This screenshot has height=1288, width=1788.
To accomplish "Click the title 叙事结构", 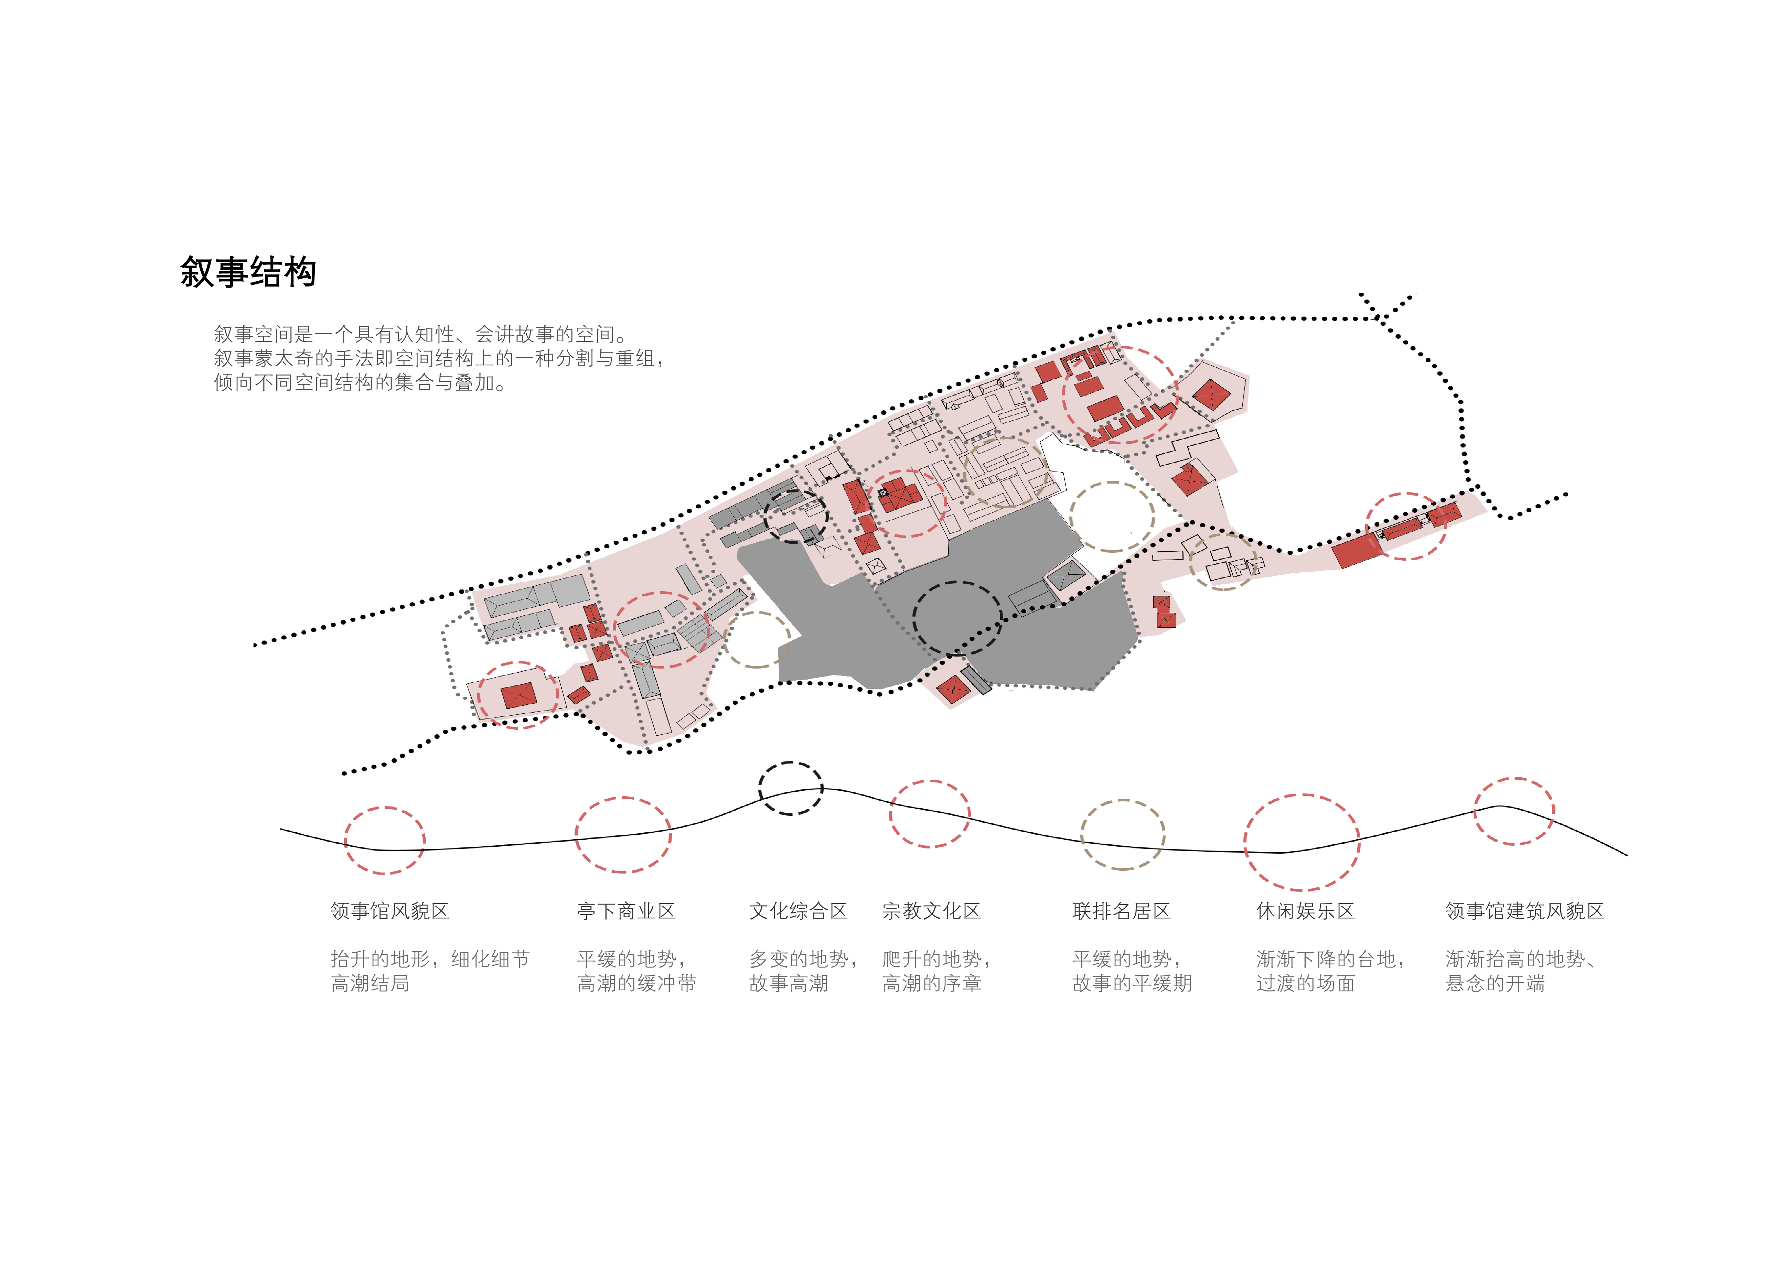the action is point(248,272).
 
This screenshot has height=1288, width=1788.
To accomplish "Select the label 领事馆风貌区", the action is point(389,911).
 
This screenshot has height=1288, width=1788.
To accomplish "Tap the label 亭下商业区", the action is point(626,911).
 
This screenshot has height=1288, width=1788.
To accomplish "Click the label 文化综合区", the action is point(798,911).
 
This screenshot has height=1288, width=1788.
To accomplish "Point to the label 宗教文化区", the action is point(931,911).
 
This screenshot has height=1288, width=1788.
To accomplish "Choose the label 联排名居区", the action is point(1121,911).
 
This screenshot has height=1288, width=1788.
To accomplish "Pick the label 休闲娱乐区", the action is point(1306,911).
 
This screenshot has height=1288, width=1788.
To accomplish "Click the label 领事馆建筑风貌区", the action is point(1525,911).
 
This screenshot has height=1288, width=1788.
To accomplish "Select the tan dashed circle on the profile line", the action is point(1123,801).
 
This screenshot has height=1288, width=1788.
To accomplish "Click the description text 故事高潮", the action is point(788,983).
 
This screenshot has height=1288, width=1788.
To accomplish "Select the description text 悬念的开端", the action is point(1495,983).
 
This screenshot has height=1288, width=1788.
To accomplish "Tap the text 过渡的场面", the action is point(1306,983).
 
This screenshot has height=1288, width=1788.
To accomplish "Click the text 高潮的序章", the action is point(931,983).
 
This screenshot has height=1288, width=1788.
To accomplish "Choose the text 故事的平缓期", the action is point(1132,983).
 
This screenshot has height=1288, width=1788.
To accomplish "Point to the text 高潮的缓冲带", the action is point(636,983).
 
